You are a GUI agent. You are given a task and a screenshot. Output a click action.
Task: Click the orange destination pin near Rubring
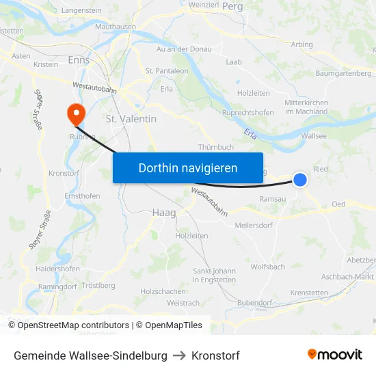coord(73,113)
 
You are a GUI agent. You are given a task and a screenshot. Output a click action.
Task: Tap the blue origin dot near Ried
coord(300,179)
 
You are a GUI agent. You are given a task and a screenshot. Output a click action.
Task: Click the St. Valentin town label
coord(131,119)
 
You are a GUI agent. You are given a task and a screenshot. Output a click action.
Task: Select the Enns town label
coord(79,60)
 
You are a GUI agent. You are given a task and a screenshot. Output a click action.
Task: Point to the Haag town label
coord(163,213)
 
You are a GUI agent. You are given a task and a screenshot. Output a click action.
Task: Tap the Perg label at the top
coord(232,6)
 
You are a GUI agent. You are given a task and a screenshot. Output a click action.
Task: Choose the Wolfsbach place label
coord(268,267)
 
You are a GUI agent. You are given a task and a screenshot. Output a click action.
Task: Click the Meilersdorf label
coord(254,226)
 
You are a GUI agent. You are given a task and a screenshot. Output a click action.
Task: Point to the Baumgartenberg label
coord(343,73)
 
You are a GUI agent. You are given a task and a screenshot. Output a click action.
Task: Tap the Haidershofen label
coord(57,269)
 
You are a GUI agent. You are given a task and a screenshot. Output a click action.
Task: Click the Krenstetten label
coord(309,293)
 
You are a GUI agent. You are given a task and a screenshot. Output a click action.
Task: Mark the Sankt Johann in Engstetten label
coord(215,276)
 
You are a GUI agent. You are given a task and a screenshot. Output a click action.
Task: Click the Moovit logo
coord(335,355)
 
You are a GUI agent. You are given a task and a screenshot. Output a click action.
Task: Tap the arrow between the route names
coord(180,355)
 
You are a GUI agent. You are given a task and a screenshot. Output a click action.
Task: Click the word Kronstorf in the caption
coord(215,355)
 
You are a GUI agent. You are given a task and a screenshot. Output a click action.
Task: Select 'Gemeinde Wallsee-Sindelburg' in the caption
coord(90,355)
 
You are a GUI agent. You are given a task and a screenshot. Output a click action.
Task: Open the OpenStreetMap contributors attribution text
coord(68,325)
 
